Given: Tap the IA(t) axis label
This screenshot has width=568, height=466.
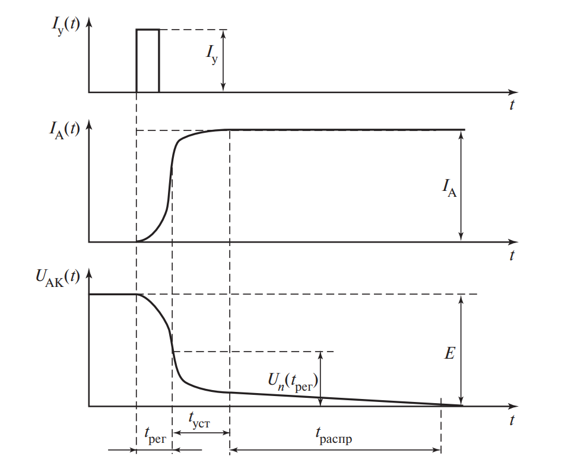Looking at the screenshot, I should (x=65, y=129).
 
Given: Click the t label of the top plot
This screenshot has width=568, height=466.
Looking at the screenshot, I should (x=512, y=105).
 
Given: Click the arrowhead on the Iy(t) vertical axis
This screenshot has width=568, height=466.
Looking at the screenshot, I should (x=89, y=22).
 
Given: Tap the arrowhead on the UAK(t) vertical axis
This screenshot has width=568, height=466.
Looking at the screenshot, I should (x=89, y=273).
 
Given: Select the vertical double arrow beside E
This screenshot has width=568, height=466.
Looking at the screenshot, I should (x=461, y=350).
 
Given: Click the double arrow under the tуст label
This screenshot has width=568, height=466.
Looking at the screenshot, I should (x=201, y=433).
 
